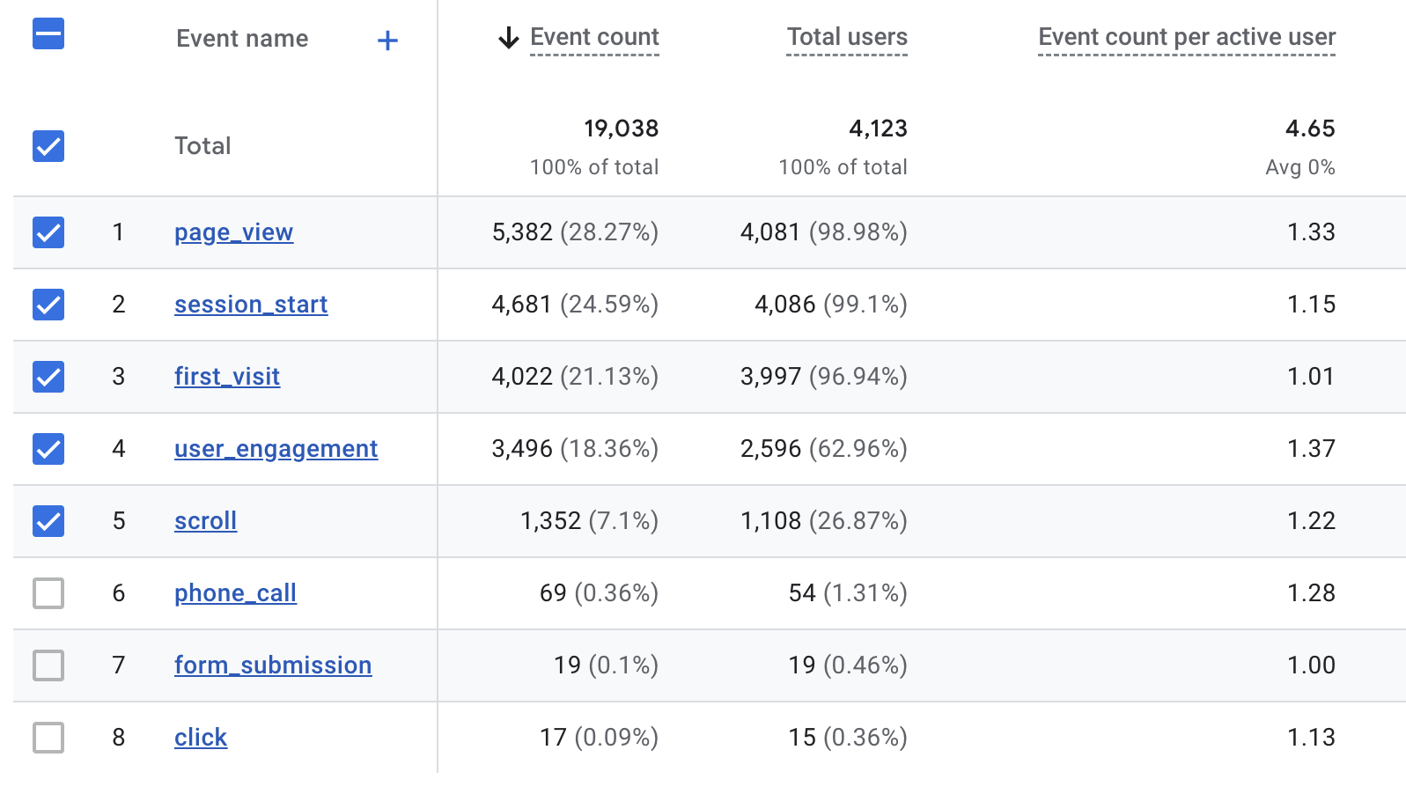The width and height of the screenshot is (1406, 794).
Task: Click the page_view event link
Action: (x=233, y=232)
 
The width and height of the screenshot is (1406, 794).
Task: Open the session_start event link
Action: (x=251, y=305)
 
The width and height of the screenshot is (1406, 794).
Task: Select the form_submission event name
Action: (x=273, y=665)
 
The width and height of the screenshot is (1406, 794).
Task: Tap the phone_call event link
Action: (x=235, y=593)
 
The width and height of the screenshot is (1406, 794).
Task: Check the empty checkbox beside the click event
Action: (x=48, y=738)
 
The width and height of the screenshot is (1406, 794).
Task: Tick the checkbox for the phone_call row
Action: (x=48, y=593)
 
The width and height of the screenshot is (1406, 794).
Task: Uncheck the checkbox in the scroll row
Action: (x=48, y=521)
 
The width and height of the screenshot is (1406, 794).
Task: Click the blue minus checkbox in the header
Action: (x=48, y=34)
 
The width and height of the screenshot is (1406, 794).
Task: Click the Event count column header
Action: (x=594, y=37)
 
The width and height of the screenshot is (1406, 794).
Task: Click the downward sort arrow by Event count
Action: (x=509, y=38)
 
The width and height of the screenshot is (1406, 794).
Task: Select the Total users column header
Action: (x=847, y=37)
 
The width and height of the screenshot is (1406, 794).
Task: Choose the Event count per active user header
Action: (x=1187, y=37)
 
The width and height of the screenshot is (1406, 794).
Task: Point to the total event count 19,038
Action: (x=621, y=129)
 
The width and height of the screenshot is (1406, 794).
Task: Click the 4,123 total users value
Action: (x=878, y=129)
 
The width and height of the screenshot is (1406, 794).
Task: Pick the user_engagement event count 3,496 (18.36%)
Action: (x=575, y=449)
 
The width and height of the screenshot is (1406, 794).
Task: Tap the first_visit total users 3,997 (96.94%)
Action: (x=823, y=377)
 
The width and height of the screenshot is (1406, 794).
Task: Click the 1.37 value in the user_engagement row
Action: (x=1311, y=449)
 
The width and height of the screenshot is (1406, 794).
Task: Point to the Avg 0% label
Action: (x=1299, y=167)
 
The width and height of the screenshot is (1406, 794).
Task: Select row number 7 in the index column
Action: (x=119, y=665)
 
